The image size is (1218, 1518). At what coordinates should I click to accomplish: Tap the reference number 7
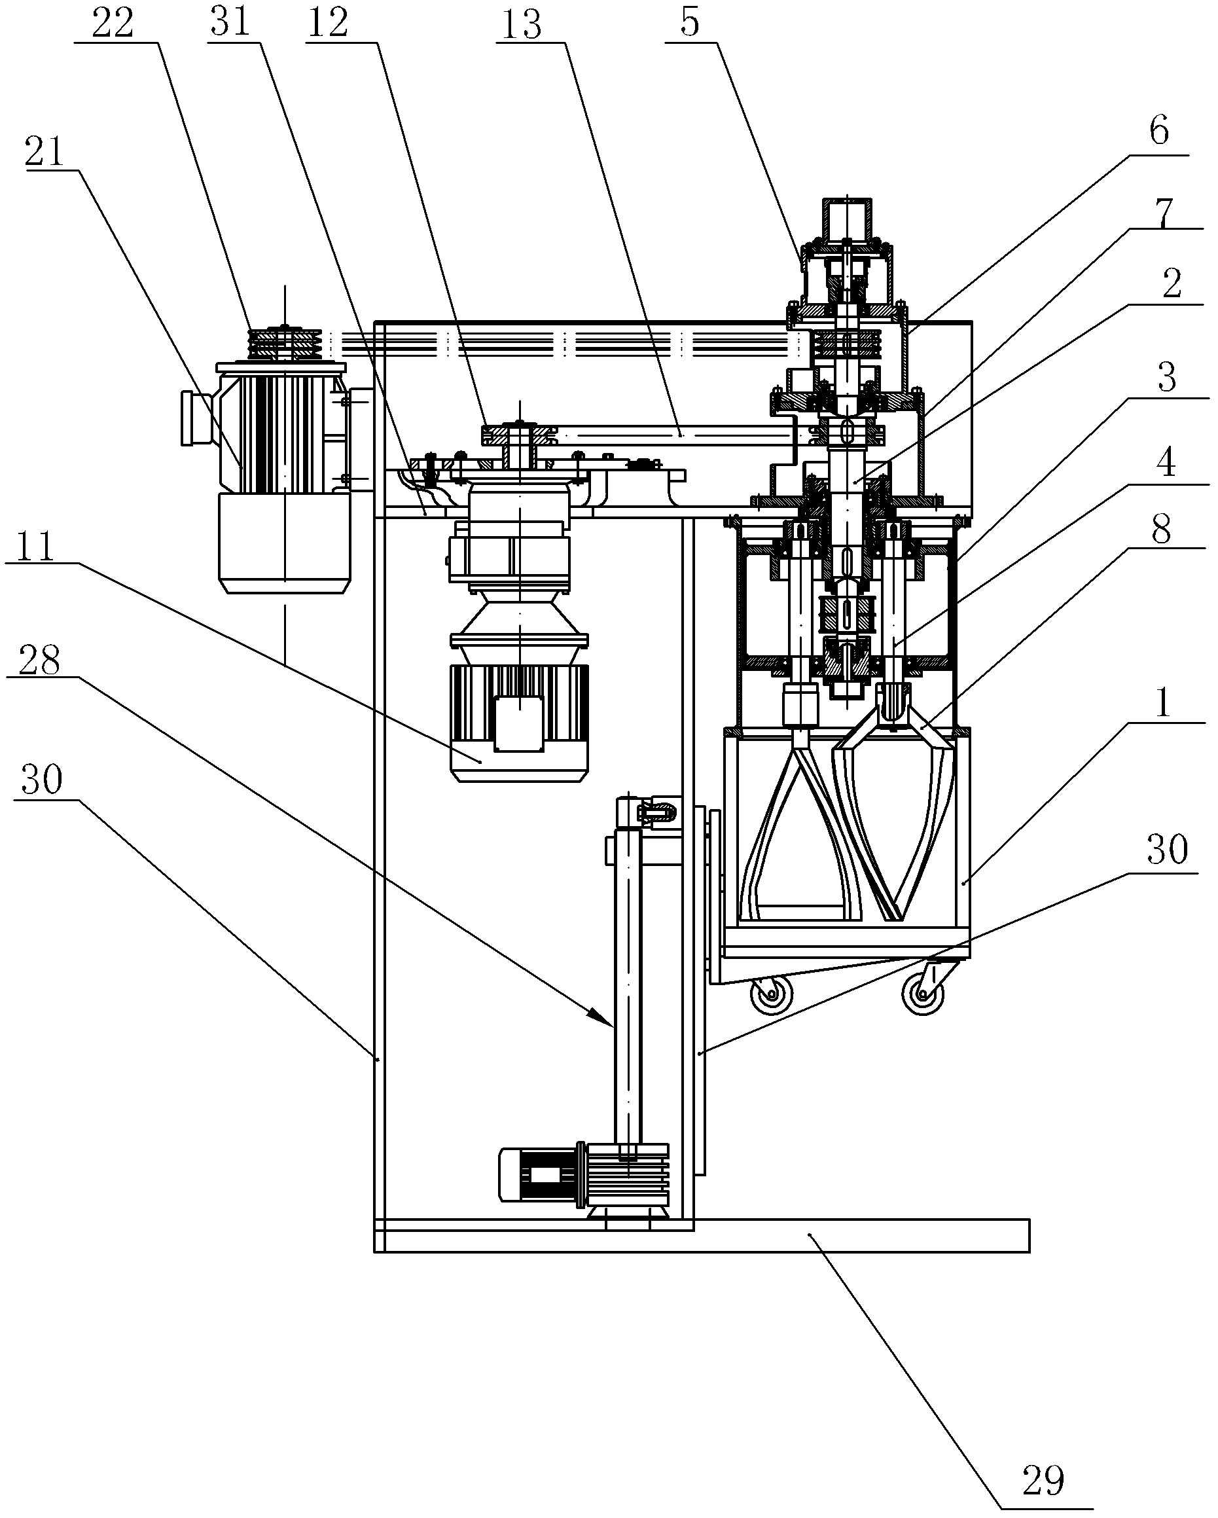click(1162, 213)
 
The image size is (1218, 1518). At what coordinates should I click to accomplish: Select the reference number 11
click(35, 546)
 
